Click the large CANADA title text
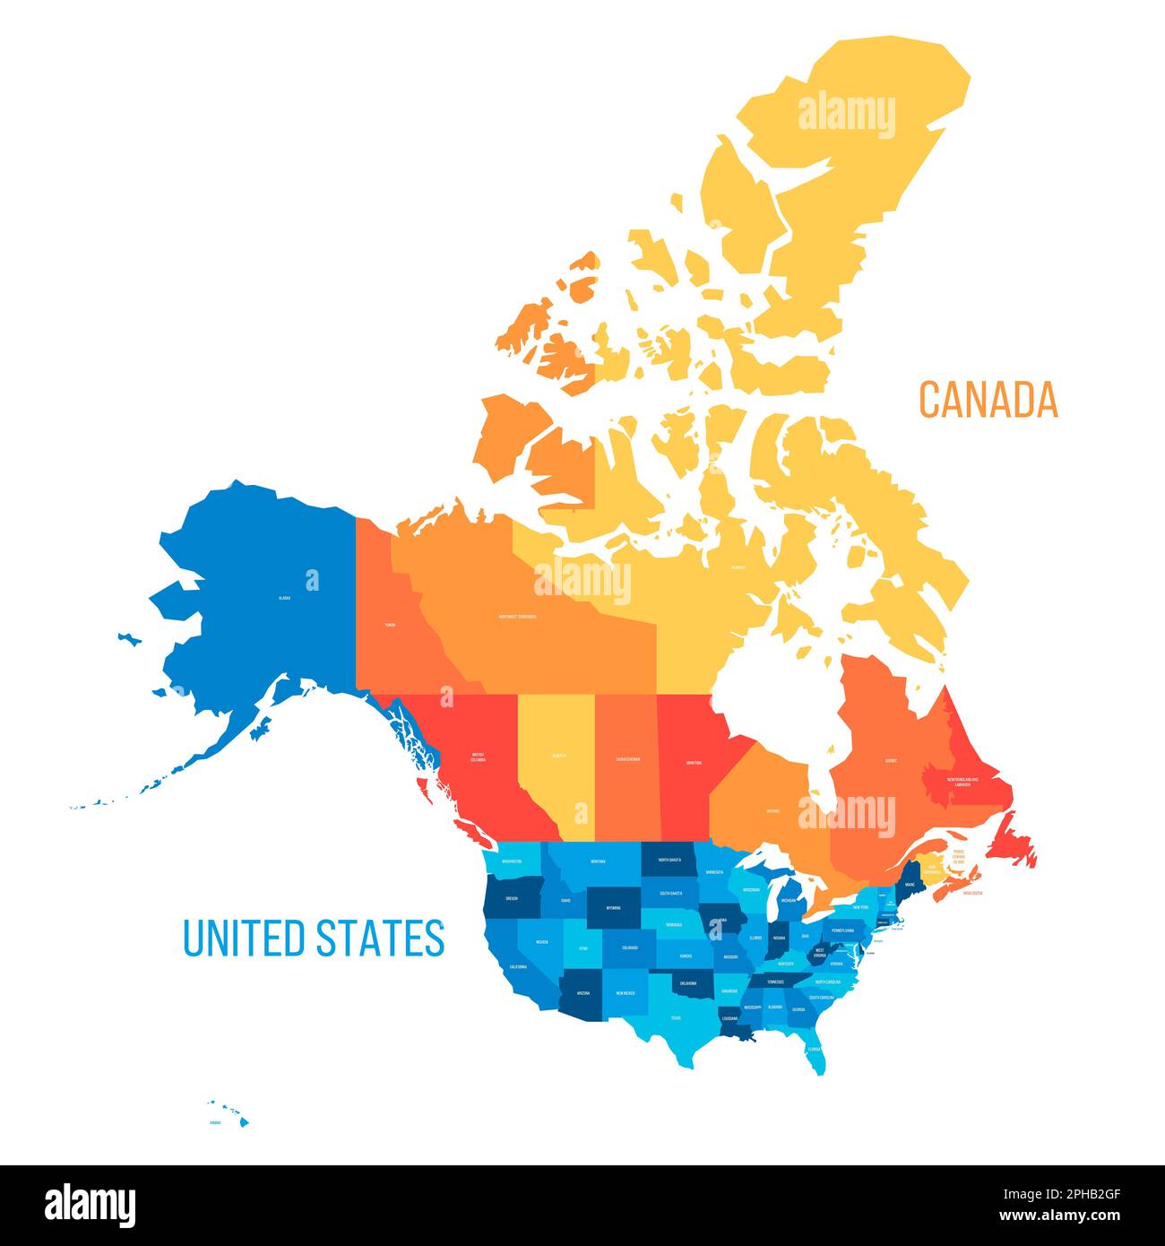tap(988, 399)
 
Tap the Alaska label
tap(285, 596)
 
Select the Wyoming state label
tap(613, 907)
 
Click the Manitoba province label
tap(694, 763)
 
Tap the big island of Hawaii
tap(244, 1121)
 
